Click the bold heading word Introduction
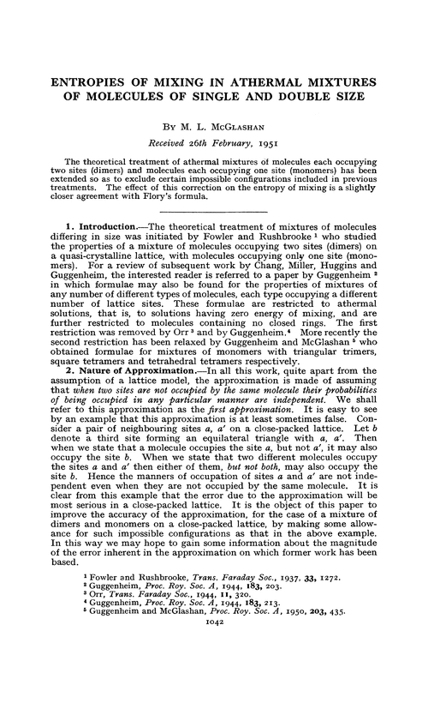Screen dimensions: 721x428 pos(102,249)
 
